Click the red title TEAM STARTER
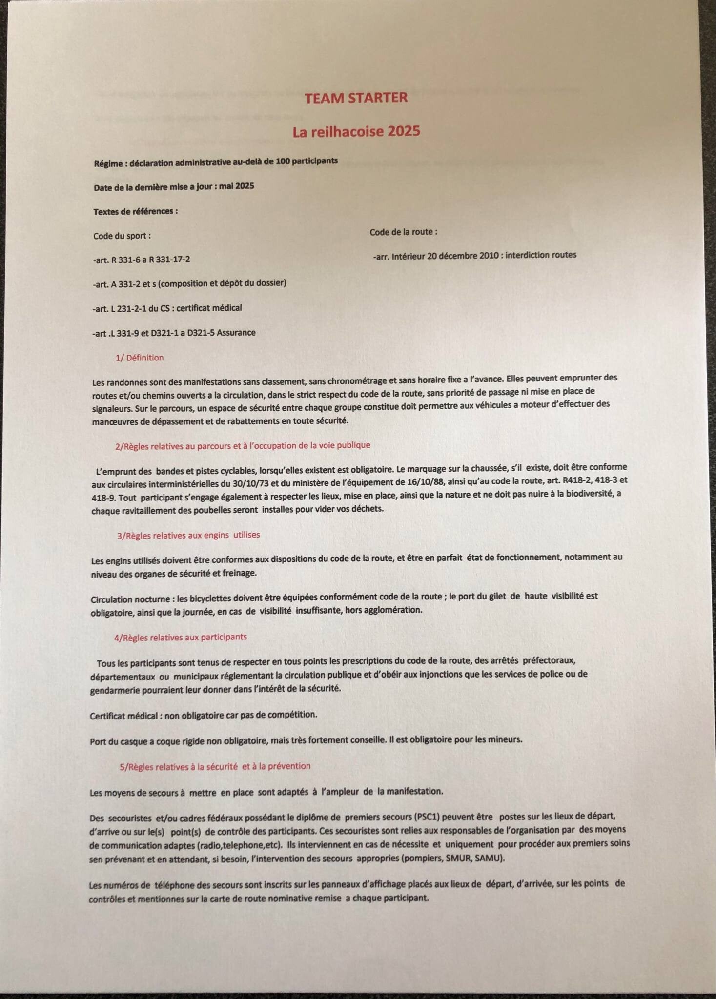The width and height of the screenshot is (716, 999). tap(356, 98)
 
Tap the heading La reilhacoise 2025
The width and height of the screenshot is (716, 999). tap(356, 131)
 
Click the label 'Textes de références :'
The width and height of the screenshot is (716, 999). tap(135, 211)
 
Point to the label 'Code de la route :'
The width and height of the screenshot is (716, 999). tap(403, 232)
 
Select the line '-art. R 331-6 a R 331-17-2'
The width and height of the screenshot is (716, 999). tap(141, 260)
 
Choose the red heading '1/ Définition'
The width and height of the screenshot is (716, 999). tap(139, 358)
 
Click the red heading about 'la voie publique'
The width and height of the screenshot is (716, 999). tap(243, 445)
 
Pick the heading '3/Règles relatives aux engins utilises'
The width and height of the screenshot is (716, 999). tap(188, 535)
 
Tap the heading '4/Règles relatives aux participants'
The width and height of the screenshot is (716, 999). tap(180, 637)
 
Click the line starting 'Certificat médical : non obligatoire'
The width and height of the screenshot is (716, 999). tap(203, 715)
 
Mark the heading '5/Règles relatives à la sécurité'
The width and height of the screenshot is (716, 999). tap(215, 766)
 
